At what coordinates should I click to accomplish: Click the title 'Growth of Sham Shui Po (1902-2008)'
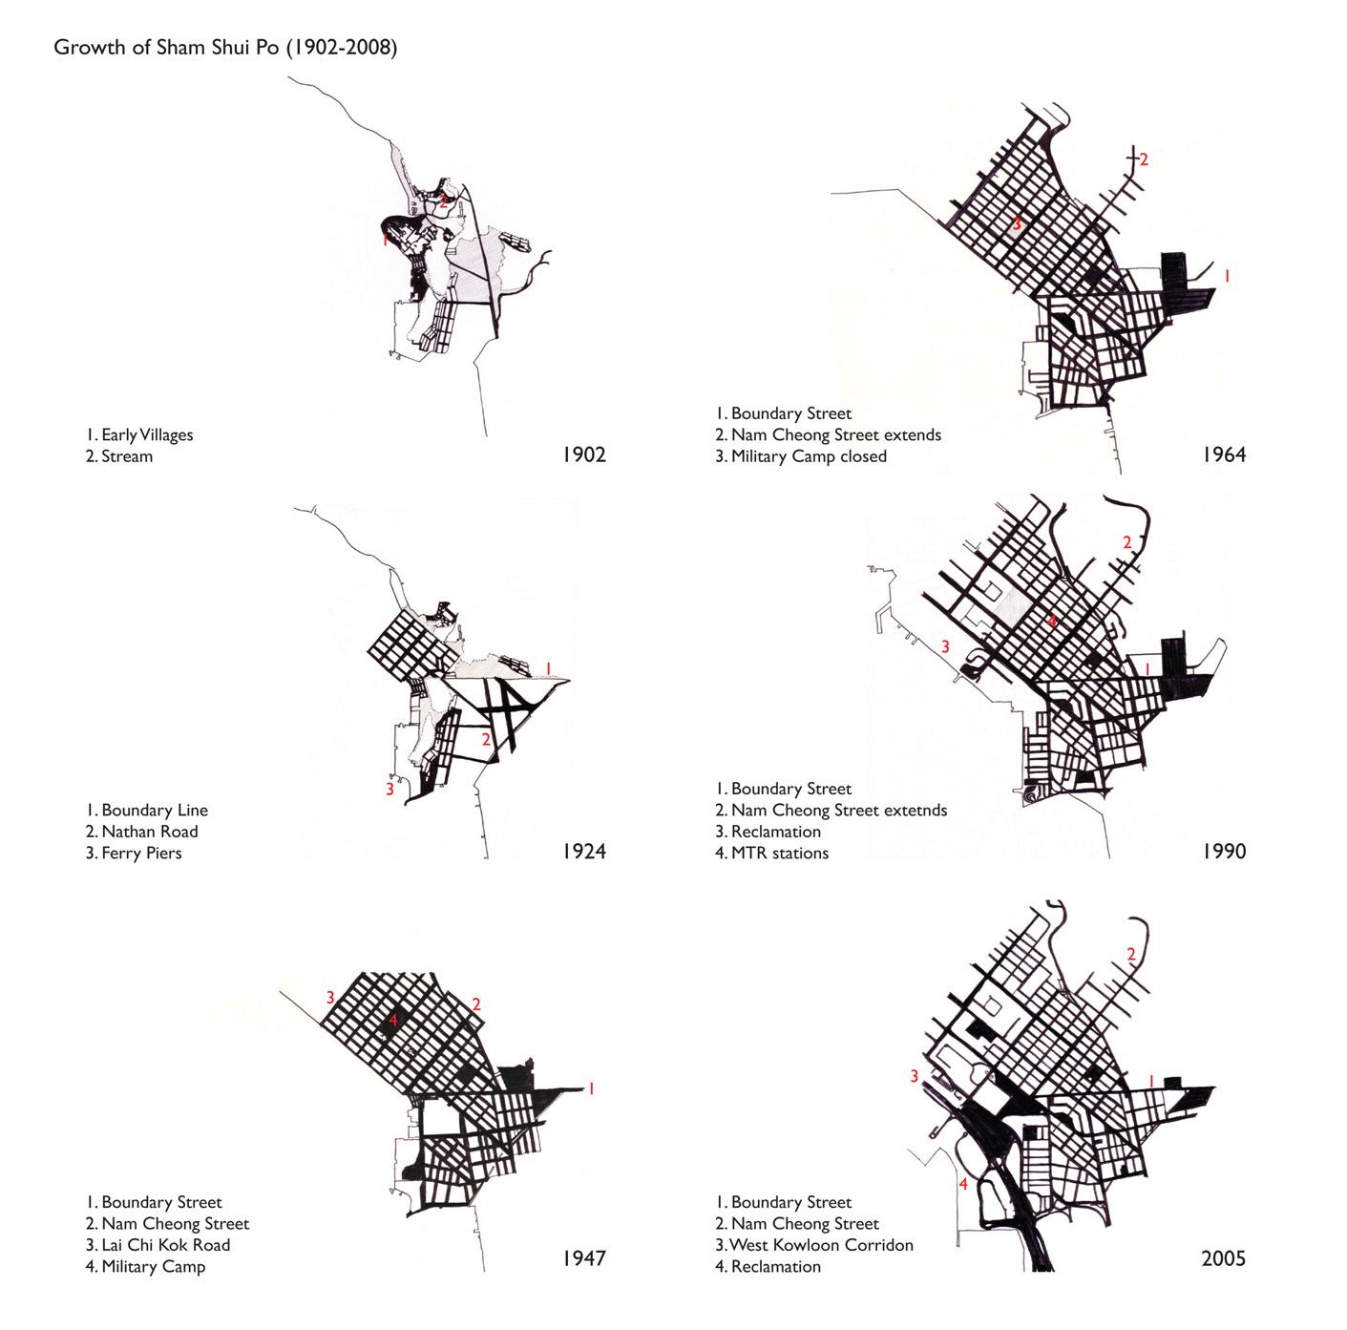225,48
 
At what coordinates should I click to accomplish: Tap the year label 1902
583,454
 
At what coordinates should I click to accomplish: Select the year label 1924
583,851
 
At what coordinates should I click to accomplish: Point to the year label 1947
583,1258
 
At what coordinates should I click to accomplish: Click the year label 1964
1224,454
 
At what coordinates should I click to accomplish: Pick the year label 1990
1224,851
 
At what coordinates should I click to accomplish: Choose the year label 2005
1224,1258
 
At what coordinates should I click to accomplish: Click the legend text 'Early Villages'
147,435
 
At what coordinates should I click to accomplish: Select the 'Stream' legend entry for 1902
126,456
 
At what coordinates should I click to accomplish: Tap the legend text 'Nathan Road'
149,832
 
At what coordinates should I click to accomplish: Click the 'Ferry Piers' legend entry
141,853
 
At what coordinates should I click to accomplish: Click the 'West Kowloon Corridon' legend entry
820,1245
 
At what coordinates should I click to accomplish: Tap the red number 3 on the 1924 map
389,790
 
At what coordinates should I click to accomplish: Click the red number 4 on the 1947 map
392,1020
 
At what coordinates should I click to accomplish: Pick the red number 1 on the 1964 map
1227,275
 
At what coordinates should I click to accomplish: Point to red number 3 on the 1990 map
945,646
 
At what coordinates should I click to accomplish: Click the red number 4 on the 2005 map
963,1185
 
